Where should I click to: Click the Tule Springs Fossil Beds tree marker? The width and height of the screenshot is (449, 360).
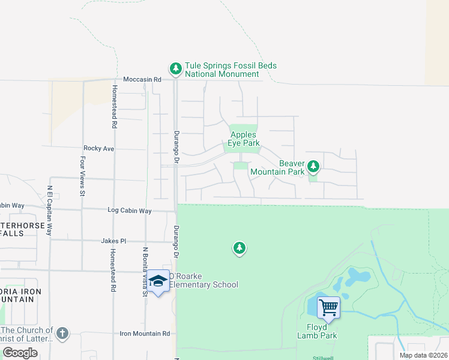pyautogui.click(x=175, y=69)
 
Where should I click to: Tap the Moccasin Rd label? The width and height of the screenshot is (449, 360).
pyautogui.click(x=142, y=79)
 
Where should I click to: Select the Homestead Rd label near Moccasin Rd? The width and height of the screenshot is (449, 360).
pyautogui.click(x=114, y=107)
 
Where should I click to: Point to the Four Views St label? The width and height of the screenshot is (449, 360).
pyautogui.click(x=83, y=176)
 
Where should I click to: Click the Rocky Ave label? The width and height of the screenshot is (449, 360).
pyautogui.click(x=99, y=148)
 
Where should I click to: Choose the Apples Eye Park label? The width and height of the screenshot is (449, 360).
pyautogui.click(x=244, y=139)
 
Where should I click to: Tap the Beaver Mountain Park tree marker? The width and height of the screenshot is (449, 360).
pyautogui.click(x=313, y=166)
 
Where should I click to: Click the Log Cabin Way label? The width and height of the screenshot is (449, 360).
pyautogui.click(x=129, y=211)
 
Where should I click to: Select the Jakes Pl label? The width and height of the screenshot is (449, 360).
pyautogui.click(x=113, y=241)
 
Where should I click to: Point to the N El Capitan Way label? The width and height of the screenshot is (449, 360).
pyautogui.click(x=50, y=210)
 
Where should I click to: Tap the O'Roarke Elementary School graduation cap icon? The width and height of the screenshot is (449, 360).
pyautogui.click(x=158, y=281)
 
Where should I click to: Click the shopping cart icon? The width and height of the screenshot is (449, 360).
pyautogui.click(x=328, y=308)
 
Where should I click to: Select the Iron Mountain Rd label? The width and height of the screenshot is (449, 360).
pyautogui.click(x=145, y=334)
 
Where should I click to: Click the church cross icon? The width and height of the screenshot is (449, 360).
pyautogui.click(x=62, y=333)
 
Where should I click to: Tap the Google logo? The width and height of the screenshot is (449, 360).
pyautogui.click(x=20, y=353)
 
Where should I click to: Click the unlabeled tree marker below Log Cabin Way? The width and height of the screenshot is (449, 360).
pyautogui.click(x=240, y=247)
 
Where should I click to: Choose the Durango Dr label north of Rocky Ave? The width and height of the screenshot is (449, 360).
pyautogui.click(x=176, y=144)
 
